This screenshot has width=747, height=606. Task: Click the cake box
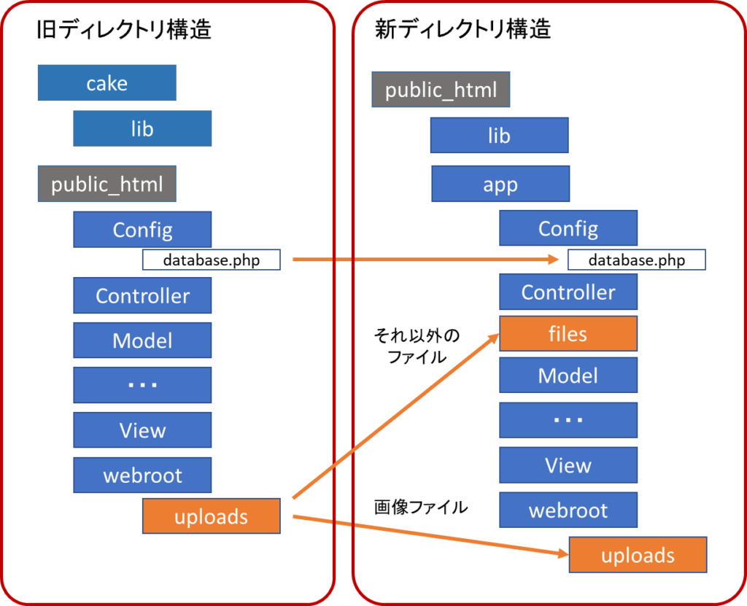click(107, 83)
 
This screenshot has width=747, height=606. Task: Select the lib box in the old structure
click(142, 128)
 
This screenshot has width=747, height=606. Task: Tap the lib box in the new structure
click(499, 136)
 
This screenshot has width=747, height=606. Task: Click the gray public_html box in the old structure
click(107, 184)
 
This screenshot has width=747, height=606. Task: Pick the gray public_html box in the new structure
click(441, 90)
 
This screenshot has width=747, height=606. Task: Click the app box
click(500, 184)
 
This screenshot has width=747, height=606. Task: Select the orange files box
click(568, 333)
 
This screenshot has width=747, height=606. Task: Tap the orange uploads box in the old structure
click(212, 516)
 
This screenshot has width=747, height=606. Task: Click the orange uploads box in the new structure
click(638, 554)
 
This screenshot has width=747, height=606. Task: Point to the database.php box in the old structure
click(212, 260)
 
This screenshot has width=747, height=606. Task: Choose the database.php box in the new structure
click(636, 260)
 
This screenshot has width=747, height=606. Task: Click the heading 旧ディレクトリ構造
click(124, 29)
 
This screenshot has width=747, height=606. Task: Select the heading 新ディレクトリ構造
click(462, 29)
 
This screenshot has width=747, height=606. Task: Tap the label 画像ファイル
click(421, 507)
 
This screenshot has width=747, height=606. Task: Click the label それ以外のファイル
click(417, 346)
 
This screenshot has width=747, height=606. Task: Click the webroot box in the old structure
click(142, 475)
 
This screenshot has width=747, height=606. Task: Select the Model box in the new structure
click(568, 375)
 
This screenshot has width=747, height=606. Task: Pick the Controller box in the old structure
click(142, 295)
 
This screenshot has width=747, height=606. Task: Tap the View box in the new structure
click(568, 465)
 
